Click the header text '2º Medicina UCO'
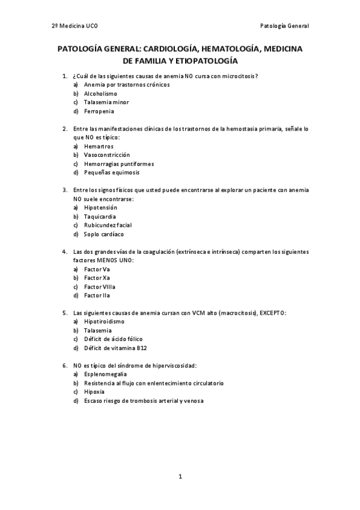click(75, 26)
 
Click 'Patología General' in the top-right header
click(284, 26)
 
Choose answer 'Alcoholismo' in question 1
click(100, 94)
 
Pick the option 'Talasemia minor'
click(106, 102)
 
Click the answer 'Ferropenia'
click(99, 111)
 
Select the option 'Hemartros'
click(99, 146)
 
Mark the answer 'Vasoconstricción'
click(107, 155)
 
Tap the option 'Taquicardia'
click(100, 217)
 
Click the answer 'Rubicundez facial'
click(108, 225)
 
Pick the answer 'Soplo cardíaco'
click(104, 234)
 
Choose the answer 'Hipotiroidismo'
click(105, 322)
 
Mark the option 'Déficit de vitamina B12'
click(115, 348)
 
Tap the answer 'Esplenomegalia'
click(105, 374)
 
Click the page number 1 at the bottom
click(180, 476)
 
